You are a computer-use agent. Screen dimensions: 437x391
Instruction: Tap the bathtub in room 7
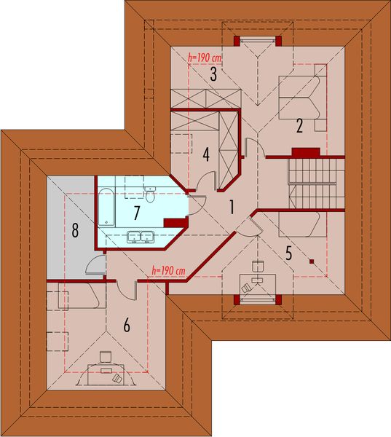(x=105, y=207)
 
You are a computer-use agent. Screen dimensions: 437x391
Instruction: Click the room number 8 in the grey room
(x=74, y=232)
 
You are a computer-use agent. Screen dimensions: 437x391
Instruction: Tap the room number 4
(x=206, y=154)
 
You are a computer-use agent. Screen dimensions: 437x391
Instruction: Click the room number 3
(x=213, y=74)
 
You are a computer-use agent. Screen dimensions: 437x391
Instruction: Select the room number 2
(x=299, y=125)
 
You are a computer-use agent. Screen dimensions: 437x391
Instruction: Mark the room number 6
(x=127, y=326)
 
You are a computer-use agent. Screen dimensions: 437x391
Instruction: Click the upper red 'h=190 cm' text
(x=204, y=55)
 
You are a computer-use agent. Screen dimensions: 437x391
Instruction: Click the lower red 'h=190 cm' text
(x=169, y=271)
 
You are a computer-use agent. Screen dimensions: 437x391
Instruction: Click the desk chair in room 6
(x=106, y=356)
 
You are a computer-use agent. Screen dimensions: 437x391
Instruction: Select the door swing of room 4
(x=205, y=181)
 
